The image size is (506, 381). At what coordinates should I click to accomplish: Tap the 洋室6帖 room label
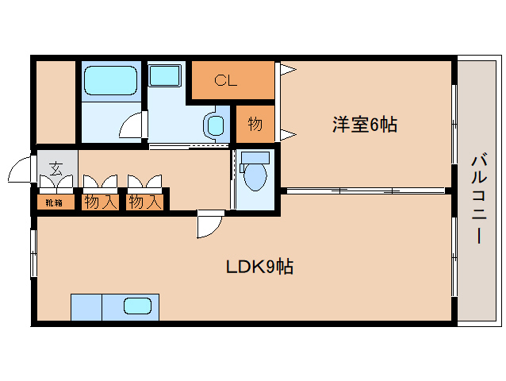click(364, 125)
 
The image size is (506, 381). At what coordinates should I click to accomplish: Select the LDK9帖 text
click(259, 267)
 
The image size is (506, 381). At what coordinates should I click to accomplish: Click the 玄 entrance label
click(56, 168)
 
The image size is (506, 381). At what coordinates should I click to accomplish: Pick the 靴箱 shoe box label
click(54, 202)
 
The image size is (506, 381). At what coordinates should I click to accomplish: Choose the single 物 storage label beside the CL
click(255, 125)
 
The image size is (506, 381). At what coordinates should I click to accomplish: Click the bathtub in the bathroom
click(110, 81)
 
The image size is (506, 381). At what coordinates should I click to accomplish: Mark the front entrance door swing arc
click(18, 169)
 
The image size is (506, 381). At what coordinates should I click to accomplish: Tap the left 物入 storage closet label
click(100, 202)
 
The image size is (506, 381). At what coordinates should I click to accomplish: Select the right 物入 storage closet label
click(145, 202)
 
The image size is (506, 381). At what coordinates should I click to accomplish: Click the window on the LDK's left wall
click(34, 254)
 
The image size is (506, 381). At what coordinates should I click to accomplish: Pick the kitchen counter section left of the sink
click(86, 306)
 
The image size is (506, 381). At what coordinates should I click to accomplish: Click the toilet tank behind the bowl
click(255, 156)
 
